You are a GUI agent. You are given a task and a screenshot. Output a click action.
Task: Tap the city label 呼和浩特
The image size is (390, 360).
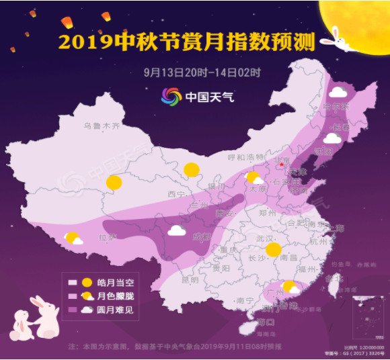[x=245, y=157]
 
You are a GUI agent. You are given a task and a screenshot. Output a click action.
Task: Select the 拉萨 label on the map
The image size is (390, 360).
[x=108, y=237]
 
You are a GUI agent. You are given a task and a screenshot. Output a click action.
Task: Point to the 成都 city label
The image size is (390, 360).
[x=201, y=236]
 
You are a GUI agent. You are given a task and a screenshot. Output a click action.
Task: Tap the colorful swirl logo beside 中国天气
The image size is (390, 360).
[x=171, y=96]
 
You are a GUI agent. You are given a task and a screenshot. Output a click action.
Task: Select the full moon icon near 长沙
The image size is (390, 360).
[x=272, y=251]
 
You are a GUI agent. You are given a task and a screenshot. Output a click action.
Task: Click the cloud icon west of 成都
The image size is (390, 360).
[x=177, y=230]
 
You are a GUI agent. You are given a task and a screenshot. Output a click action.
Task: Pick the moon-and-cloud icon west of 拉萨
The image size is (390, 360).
[x=73, y=238]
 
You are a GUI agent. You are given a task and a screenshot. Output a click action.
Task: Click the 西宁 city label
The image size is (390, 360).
[x=175, y=194]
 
